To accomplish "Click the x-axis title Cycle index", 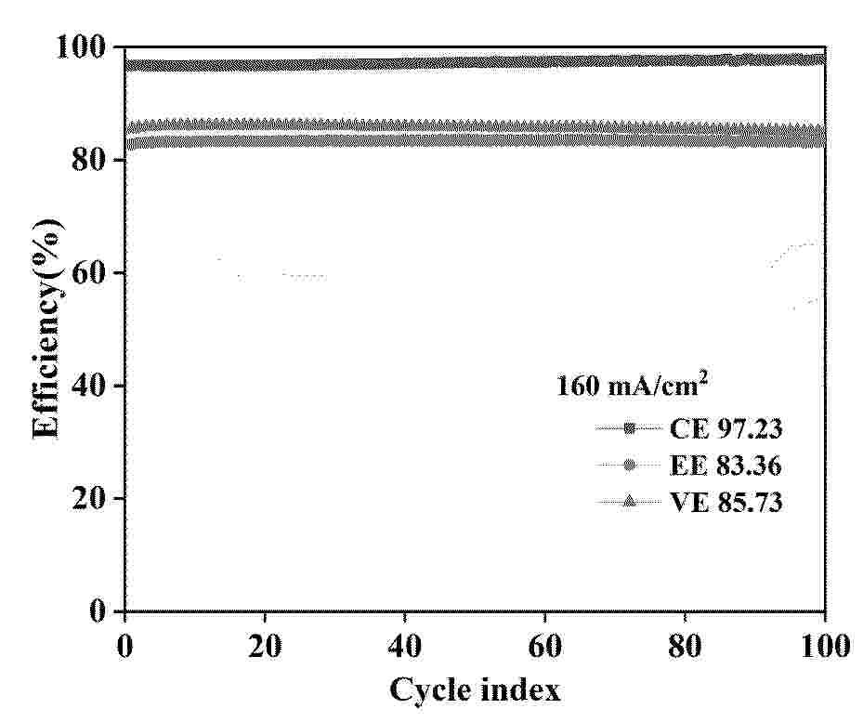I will click(x=475, y=690).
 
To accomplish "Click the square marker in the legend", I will click(x=629, y=428).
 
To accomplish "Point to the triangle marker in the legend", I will click(x=629, y=502).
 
